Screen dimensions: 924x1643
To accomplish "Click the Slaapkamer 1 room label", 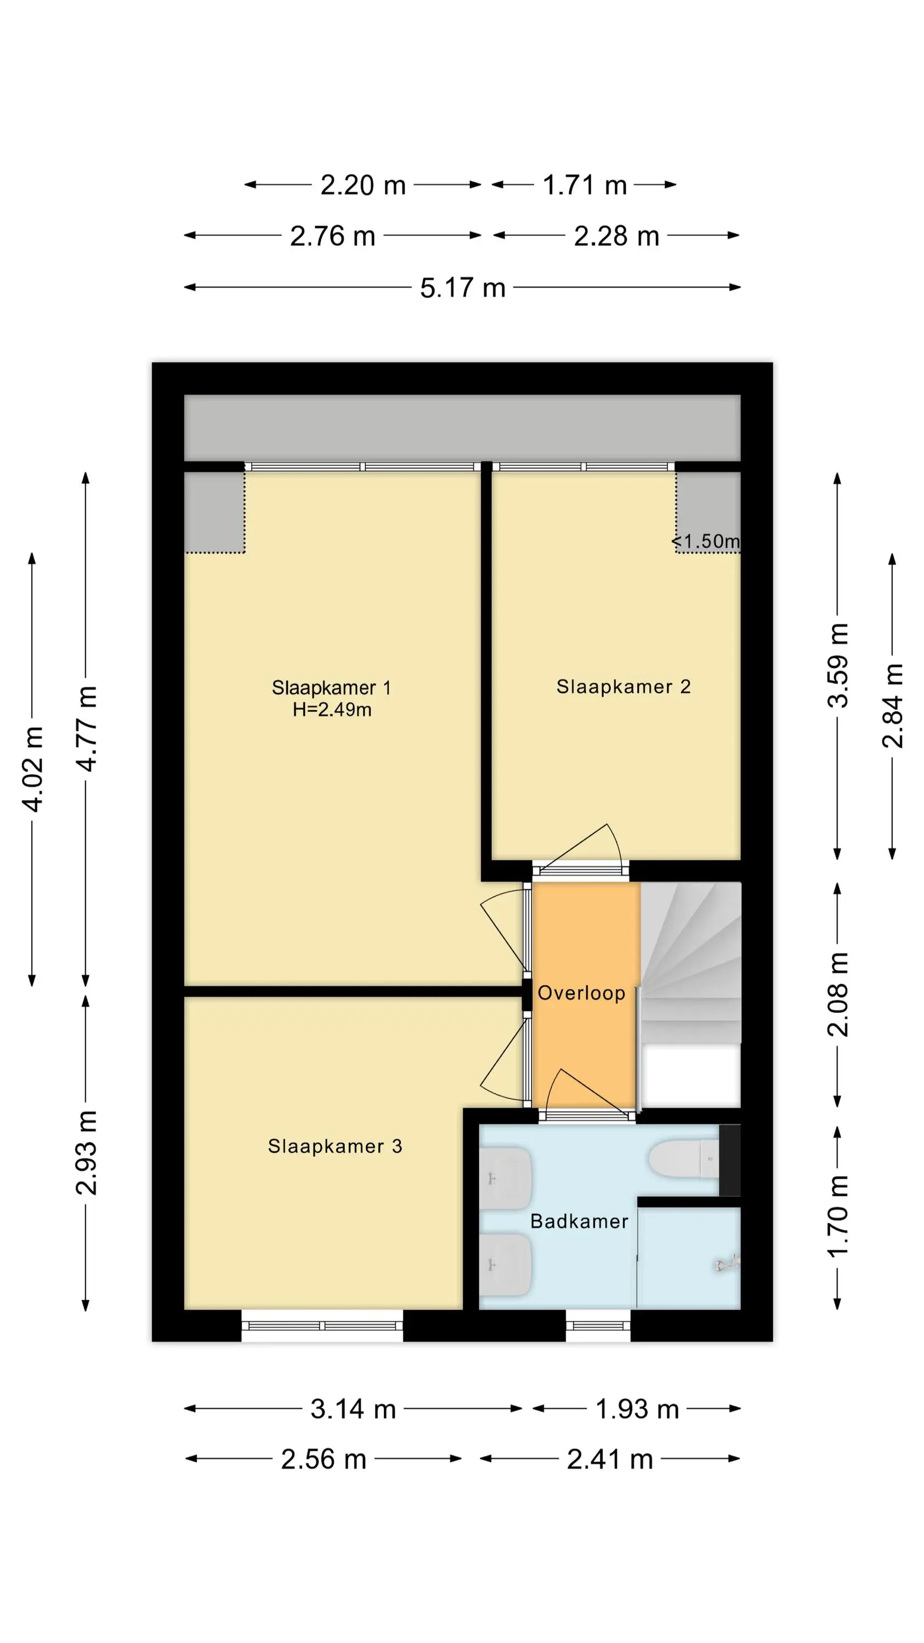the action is click(331, 687).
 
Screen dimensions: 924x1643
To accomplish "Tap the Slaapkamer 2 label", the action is click(623, 687).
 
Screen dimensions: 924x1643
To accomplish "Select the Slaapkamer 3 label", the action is click(335, 1146).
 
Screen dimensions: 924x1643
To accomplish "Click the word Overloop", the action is click(581, 993).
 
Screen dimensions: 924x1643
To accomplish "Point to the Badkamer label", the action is click(579, 1221).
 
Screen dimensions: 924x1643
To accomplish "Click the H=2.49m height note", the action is click(332, 709).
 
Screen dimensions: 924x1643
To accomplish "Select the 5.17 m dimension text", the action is click(463, 288).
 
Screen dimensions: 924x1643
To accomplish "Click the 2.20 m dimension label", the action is click(363, 185).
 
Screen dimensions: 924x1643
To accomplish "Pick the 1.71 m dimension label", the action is click(585, 185).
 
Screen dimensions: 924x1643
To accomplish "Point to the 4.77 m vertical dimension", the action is click(86, 728).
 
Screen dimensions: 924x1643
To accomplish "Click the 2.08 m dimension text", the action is click(838, 995).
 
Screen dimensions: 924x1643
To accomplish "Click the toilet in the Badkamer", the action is click(684, 1158).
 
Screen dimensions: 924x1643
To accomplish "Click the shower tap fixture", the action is click(727, 1263).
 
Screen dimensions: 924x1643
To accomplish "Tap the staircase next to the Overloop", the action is click(690, 963).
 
